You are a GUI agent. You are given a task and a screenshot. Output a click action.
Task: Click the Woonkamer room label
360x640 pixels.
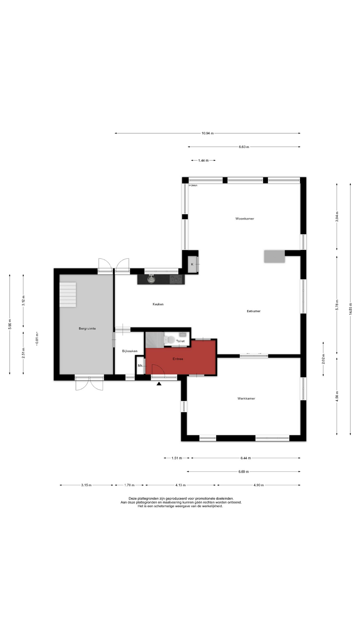coord(245,219)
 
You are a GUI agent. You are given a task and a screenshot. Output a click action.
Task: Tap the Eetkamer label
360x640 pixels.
coord(254,311)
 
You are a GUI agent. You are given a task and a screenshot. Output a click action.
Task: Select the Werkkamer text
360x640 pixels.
coord(246,398)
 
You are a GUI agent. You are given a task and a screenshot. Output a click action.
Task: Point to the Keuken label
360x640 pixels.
coord(158,304)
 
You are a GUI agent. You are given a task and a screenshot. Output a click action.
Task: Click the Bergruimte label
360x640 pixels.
coord(87,328)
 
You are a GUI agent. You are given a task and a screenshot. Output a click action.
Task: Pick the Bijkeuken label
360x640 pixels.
coord(130,351)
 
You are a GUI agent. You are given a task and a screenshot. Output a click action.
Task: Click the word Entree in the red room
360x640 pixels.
coord(178,359)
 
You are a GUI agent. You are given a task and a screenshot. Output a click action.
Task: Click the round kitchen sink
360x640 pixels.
coord(152,279)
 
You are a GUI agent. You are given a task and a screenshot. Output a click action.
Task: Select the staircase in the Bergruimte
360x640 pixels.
coord(68,295)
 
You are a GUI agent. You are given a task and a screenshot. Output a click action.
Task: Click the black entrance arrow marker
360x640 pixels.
coord(159,384)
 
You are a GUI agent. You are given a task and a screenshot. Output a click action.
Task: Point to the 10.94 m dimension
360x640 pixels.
coord(207,133)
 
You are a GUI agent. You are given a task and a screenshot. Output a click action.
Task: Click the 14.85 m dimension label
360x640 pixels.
coord(350,309)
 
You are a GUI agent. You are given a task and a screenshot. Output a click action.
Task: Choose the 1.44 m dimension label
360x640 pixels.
coord(203,160)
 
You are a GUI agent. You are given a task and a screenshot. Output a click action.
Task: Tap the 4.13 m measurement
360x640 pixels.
coord(180,485)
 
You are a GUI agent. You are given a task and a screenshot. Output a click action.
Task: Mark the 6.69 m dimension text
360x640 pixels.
coord(244,472)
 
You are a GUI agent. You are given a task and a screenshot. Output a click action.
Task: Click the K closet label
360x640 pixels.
coord(192,264)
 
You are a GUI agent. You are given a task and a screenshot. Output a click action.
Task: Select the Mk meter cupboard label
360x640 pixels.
coord(140,366)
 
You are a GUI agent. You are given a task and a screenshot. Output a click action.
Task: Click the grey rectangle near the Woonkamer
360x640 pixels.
coord(275,256)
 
